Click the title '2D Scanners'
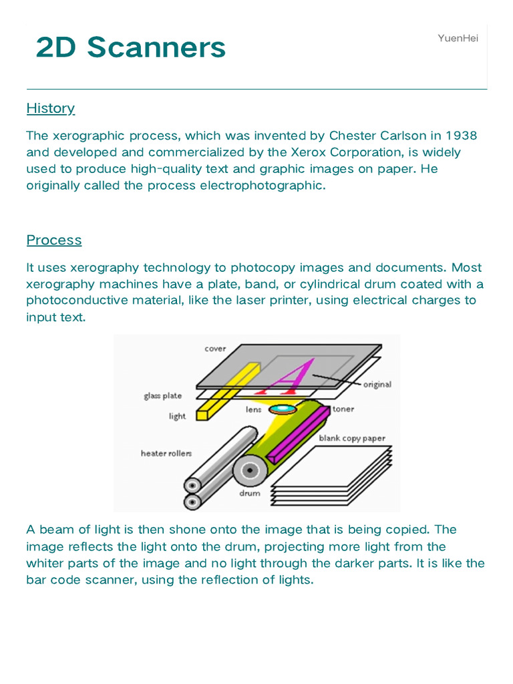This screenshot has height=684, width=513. point(131,48)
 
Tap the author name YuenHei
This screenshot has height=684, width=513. point(458,38)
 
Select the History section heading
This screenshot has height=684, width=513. point(51,108)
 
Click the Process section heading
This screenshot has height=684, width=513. point(54,240)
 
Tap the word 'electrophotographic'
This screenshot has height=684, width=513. point(263,186)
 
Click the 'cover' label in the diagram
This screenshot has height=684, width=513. point(215,349)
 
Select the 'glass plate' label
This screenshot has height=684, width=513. point(162,396)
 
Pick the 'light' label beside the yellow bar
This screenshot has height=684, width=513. point(177,416)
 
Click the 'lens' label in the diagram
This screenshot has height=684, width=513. point(253,409)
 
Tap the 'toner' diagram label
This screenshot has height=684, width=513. point(343,409)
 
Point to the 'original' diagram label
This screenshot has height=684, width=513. point(377,385)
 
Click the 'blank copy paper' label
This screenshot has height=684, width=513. point(352,438)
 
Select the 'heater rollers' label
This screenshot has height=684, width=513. point(166,454)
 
